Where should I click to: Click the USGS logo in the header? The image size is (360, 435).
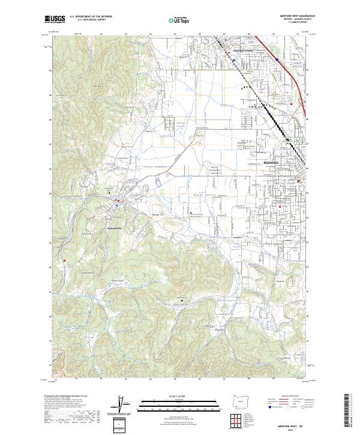click(55, 19)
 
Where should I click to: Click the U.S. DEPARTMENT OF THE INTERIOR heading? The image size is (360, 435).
click(91, 17)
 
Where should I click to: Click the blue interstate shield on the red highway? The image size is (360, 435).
click(275, 59)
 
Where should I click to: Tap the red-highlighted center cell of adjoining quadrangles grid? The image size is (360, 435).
click(241, 418)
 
